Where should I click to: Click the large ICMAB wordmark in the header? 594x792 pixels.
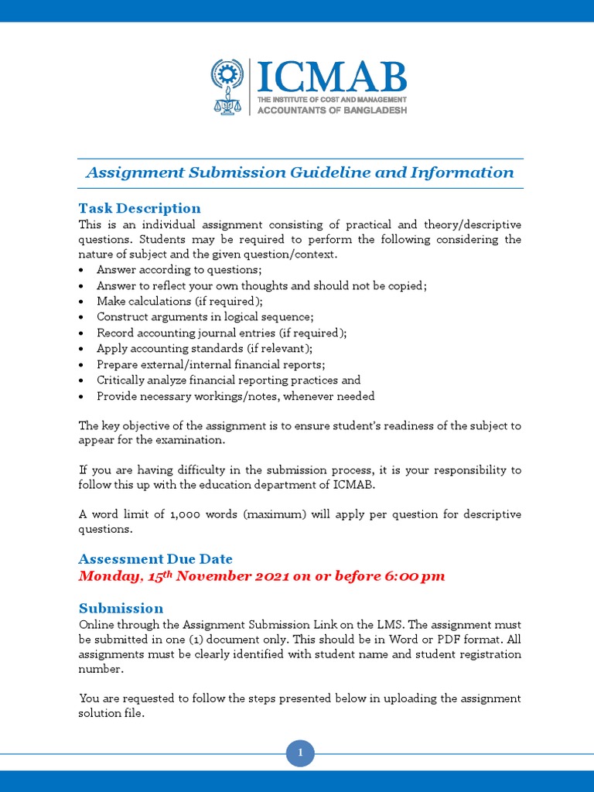coord(331,77)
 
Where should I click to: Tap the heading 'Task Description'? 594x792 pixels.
coord(139,208)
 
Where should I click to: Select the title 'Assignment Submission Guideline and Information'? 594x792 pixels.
coord(299,172)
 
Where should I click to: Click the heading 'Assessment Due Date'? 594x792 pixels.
coord(155,559)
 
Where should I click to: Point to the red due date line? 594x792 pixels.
coord(262,576)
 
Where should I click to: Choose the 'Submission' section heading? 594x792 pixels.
coord(121,608)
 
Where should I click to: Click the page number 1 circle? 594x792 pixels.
coord(300,753)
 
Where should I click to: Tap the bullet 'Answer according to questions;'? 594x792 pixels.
coord(179,270)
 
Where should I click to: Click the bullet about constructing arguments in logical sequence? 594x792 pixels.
coord(205,317)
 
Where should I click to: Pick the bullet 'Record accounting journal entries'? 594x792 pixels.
coord(221,333)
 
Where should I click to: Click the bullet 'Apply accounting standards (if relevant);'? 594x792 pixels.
coord(204,349)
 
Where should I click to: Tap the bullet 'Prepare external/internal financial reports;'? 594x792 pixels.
coord(210,364)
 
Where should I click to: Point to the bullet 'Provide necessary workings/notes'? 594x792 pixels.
coord(235,396)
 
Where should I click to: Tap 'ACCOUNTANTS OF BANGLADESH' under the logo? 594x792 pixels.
coord(331,110)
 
